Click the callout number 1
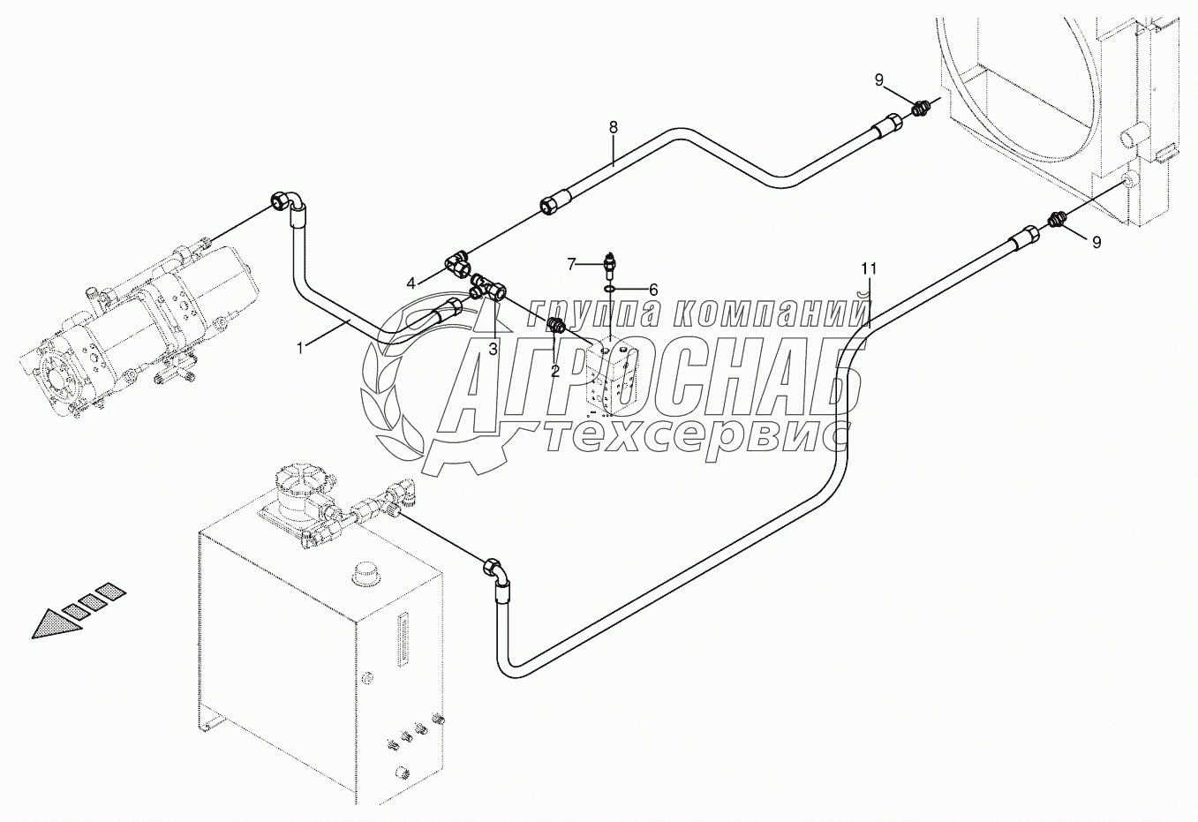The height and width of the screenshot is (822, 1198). pyautogui.click(x=300, y=349)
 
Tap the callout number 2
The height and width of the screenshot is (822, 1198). pyautogui.click(x=554, y=371)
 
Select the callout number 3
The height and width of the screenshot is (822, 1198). pyautogui.click(x=493, y=349)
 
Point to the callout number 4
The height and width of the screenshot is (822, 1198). pyautogui.click(x=411, y=283)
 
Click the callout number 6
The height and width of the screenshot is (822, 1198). pyautogui.click(x=653, y=289)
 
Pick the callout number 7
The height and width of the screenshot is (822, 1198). pyautogui.click(x=572, y=263)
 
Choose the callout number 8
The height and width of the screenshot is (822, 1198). pyautogui.click(x=614, y=127)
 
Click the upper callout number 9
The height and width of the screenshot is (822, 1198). pyautogui.click(x=878, y=80)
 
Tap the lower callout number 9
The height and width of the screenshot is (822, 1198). pyautogui.click(x=1096, y=243)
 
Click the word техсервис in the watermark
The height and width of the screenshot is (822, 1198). pyautogui.click(x=697, y=434)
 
